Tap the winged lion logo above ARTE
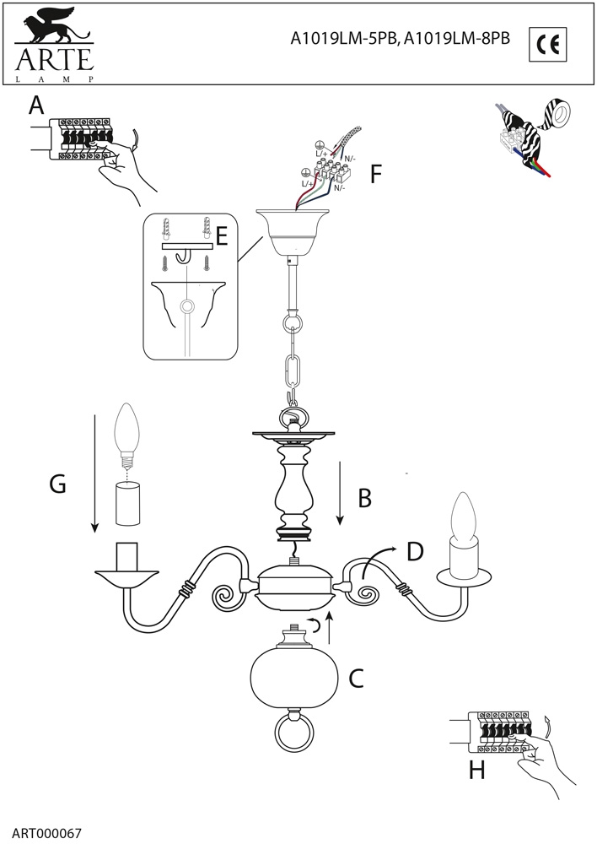[52, 29]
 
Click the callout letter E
[222, 235]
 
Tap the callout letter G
[58, 484]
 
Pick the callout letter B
[364, 498]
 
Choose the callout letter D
[414, 551]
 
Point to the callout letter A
[35, 105]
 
